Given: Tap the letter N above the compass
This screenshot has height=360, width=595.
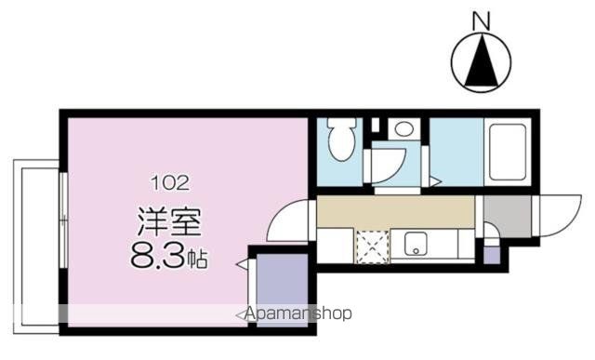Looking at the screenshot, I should coord(481,19).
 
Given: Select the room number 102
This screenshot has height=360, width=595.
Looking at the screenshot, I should coord(170,183).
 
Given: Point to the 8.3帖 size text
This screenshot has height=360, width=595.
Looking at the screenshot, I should coord(170,258).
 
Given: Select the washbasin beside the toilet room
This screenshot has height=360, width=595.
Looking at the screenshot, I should coord(403,129).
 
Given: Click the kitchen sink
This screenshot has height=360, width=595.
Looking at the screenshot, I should coord(414,247).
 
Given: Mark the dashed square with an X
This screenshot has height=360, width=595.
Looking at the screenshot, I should coord(371,245).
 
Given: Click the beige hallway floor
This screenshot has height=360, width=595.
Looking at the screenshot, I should coord(394,211).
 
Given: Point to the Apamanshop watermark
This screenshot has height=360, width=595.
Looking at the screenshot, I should coord(298,313).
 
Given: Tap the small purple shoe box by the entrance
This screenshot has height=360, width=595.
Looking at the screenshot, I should coord(491,252).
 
